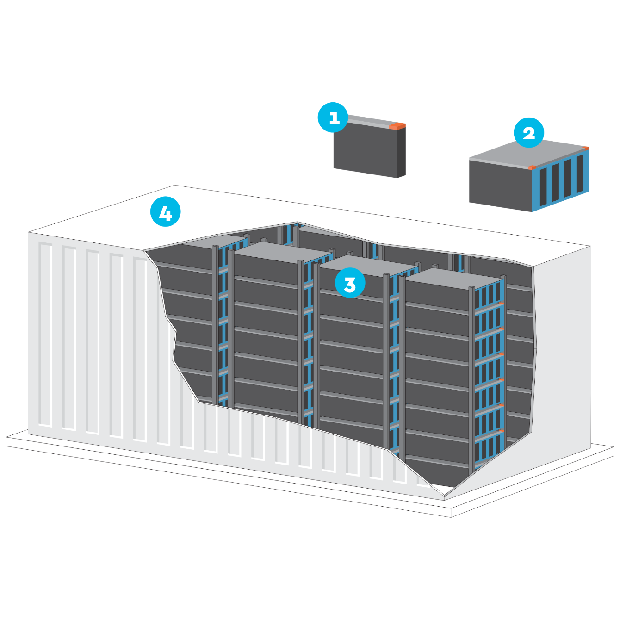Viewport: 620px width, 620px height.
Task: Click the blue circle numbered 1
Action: (333, 118)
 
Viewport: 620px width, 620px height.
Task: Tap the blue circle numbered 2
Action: (529, 132)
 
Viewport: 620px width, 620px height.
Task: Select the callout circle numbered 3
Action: (350, 283)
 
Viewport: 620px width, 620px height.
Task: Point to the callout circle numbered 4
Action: (165, 211)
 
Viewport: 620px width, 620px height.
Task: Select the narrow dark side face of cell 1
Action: (402, 152)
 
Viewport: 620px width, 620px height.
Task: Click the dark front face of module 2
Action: (500, 186)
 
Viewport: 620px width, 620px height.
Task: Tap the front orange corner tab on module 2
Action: (532, 167)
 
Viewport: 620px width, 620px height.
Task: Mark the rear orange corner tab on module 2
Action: (585, 148)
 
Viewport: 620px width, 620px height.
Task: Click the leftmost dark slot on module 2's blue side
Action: (543, 187)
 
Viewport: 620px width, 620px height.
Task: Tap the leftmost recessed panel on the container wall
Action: (45, 335)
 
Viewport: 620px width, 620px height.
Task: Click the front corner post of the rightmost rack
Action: (471, 380)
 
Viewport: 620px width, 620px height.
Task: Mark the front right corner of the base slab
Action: (451, 517)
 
